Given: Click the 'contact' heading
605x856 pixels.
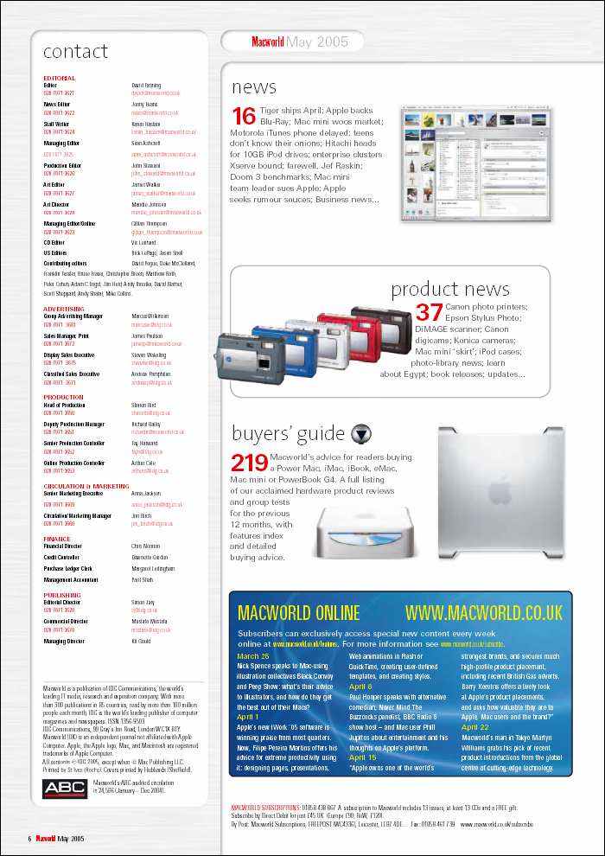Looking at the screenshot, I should click(76, 52).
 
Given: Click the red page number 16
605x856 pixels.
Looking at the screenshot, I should click(245, 117).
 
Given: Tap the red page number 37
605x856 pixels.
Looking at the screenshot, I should click(430, 313).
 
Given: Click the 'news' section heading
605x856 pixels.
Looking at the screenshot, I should click(254, 86).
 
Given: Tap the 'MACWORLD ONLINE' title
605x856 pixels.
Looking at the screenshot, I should click(297, 613).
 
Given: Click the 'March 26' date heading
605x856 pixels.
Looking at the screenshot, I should click(253, 656).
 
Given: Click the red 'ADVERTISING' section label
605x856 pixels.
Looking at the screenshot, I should click(64, 308).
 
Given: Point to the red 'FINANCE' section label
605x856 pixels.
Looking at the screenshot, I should click(57, 538).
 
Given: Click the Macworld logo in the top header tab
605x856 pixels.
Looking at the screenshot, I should click(268, 41).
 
